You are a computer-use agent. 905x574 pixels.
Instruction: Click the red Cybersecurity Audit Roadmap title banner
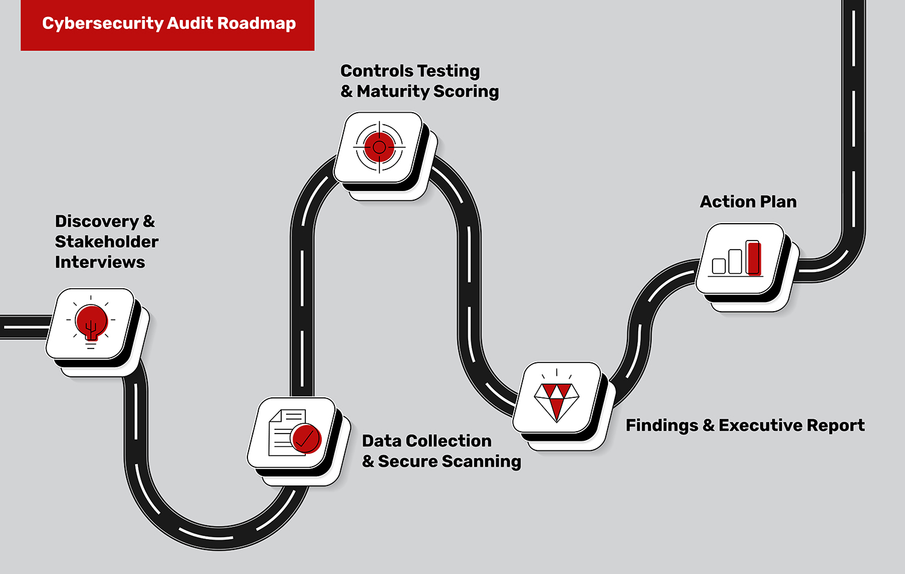point(167,25)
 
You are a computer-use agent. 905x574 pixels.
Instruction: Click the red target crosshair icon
point(379,147)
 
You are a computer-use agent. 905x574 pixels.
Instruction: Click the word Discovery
point(97,221)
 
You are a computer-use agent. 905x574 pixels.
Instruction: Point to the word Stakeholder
point(107,242)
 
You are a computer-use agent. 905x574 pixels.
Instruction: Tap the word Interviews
point(100,262)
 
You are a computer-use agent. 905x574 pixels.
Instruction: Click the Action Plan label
point(748,202)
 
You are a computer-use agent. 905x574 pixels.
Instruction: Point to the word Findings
point(662,426)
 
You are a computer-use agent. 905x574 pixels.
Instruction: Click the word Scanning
point(481,462)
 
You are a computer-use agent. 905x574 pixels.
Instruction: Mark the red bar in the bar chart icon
point(754,258)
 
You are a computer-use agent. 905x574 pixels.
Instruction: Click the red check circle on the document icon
point(306,438)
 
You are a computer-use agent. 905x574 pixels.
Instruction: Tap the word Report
point(836,426)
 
